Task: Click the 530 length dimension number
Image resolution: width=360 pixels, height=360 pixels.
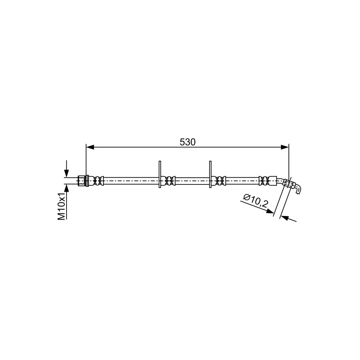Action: tap(187, 142)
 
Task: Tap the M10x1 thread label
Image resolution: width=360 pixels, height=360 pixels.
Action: tap(61, 206)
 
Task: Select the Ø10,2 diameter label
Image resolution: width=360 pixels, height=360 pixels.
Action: tap(255, 200)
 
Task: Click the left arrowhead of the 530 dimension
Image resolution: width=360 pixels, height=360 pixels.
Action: tap(90, 148)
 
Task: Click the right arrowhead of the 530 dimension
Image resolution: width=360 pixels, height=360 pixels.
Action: tap(285, 148)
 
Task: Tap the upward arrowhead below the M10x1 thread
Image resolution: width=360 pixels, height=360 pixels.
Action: tap(67, 188)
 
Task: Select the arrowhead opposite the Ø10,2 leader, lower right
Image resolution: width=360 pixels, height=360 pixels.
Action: tap(285, 217)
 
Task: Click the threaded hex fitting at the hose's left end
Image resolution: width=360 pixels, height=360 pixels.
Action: tap(83, 181)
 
